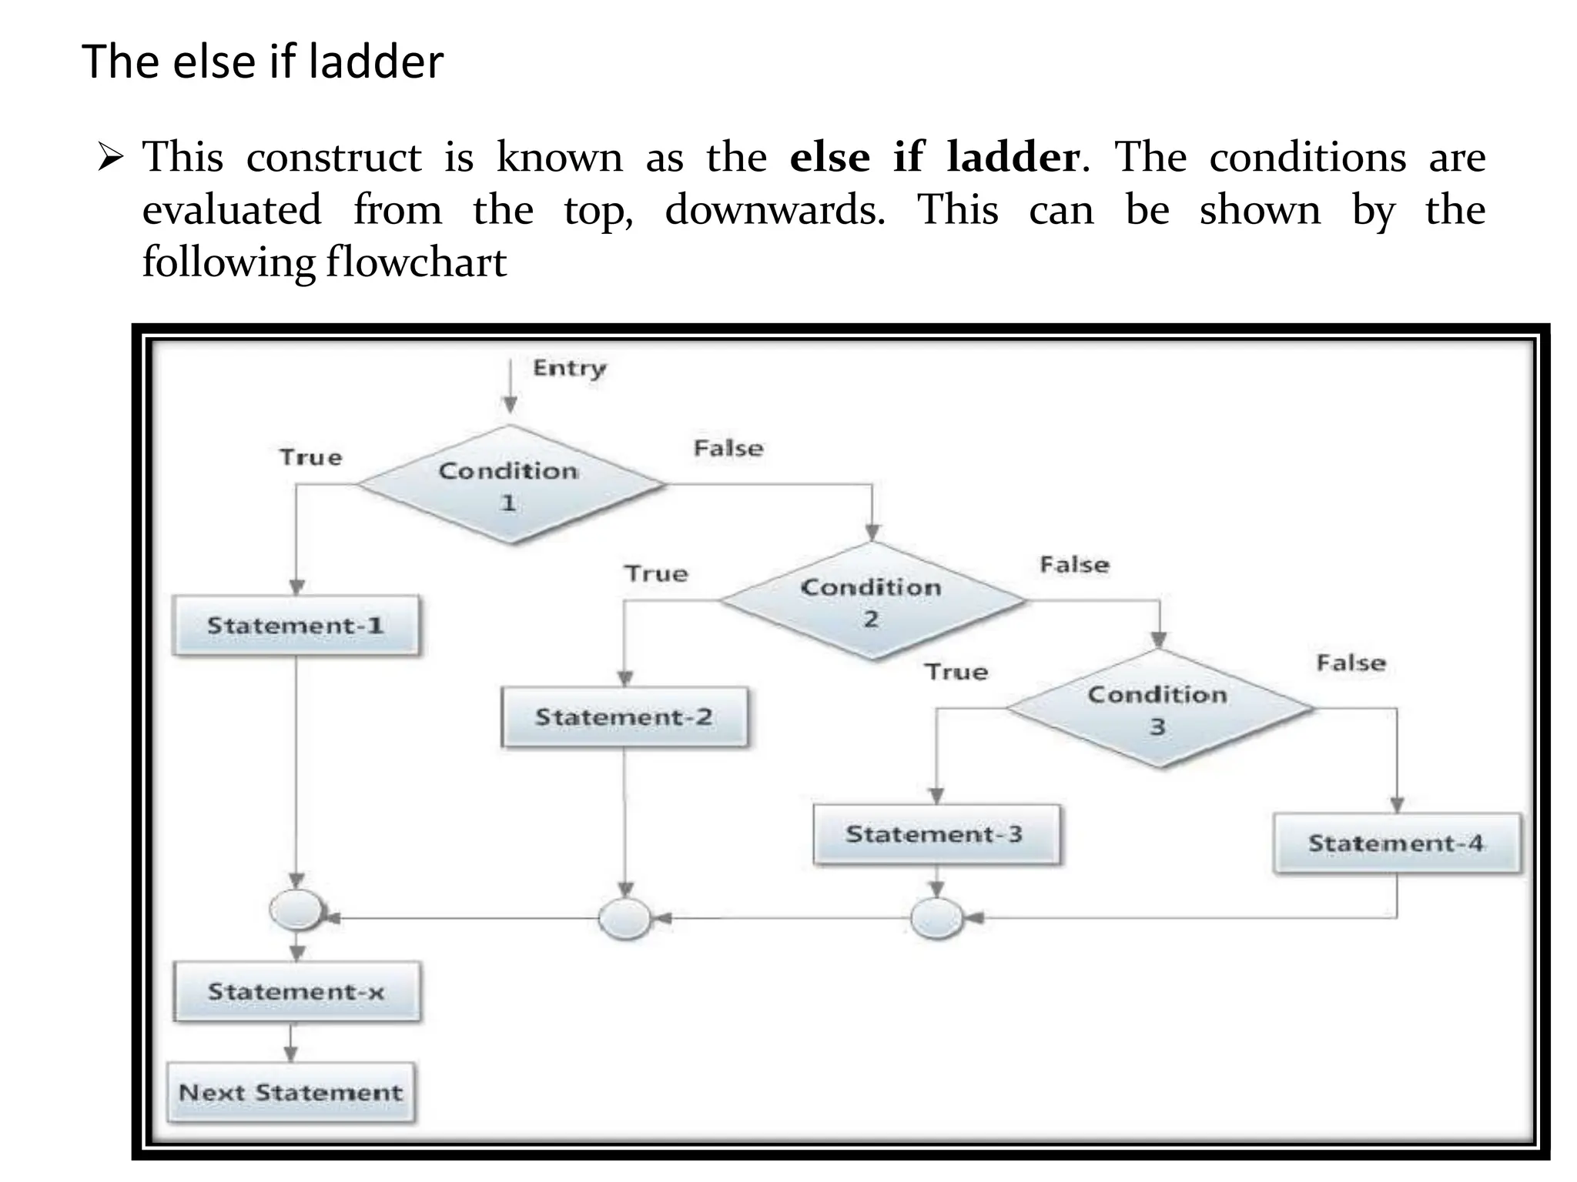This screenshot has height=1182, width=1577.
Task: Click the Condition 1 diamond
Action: pos(510,485)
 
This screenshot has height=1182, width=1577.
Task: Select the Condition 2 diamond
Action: pos(872,601)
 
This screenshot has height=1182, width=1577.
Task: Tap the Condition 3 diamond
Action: pos(1158,709)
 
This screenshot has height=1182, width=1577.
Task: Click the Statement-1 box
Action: pos(296,625)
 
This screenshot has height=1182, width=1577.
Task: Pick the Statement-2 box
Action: pos(624,717)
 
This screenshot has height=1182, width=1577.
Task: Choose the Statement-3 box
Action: pos(936,834)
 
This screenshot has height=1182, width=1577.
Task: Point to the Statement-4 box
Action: pos(1396,843)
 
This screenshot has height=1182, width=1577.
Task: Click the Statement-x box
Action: pos(296,991)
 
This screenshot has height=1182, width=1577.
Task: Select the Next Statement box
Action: pos(291,1092)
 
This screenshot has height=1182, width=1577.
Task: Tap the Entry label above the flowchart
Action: pos(570,368)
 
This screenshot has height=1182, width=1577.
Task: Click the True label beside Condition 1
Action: pos(310,457)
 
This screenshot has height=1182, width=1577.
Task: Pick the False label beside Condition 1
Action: pos(728,448)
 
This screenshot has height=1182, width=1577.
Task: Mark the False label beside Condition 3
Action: pos(1351,663)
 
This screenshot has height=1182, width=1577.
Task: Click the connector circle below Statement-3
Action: pos(936,918)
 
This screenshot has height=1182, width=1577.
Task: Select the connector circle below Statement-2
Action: pos(624,918)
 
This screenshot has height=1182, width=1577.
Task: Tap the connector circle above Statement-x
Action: pos(296,910)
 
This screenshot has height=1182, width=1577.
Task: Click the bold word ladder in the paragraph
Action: pos(1013,157)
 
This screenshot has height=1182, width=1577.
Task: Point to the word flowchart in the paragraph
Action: pos(416,262)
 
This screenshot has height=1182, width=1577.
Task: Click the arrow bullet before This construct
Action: pos(111,159)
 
